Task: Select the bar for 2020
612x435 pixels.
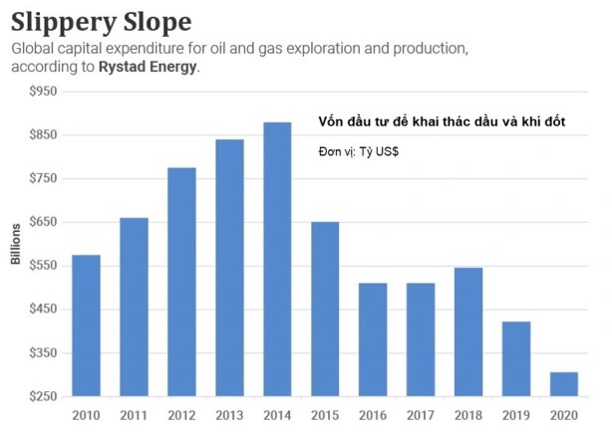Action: coord(564,384)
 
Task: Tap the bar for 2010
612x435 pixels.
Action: coord(86,326)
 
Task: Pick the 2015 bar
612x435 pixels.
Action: coord(325,309)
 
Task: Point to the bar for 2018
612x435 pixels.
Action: coord(468,331)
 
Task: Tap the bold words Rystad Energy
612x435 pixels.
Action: coord(153,68)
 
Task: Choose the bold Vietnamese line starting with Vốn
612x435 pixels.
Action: coord(442,121)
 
